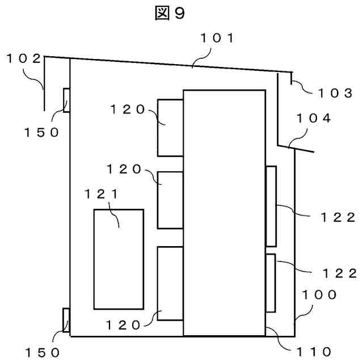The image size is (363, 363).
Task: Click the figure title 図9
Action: click(x=170, y=14)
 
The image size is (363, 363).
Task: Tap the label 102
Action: click(x=23, y=58)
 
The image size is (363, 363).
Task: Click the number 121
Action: click(x=102, y=194)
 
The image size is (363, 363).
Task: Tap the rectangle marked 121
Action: click(x=119, y=259)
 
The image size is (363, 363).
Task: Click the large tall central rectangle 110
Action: click(x=224, y=213)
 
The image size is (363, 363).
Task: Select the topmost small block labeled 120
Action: click(x=170, y=128)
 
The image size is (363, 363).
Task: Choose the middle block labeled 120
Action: click(x=170, y=200)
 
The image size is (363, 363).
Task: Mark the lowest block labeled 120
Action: click(x=170, y=284)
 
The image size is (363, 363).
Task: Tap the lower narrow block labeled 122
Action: click(x=271, y=282)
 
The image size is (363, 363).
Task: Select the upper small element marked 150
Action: click(x=66, y=100)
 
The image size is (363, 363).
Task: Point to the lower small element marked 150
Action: click(x=66, y=321)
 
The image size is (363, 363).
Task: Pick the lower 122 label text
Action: click(x=339, y=273)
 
